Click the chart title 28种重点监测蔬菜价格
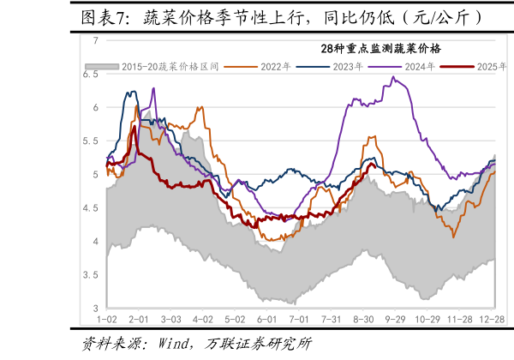point(374,48)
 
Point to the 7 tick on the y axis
point(96,40)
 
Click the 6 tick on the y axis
point(96,107)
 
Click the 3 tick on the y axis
point(96,309)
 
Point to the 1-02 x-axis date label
point(108,319)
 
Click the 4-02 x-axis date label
point(203,319)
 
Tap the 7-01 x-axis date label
point(299,319)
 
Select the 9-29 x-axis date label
point(395,319)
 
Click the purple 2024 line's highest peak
point(393,77)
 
